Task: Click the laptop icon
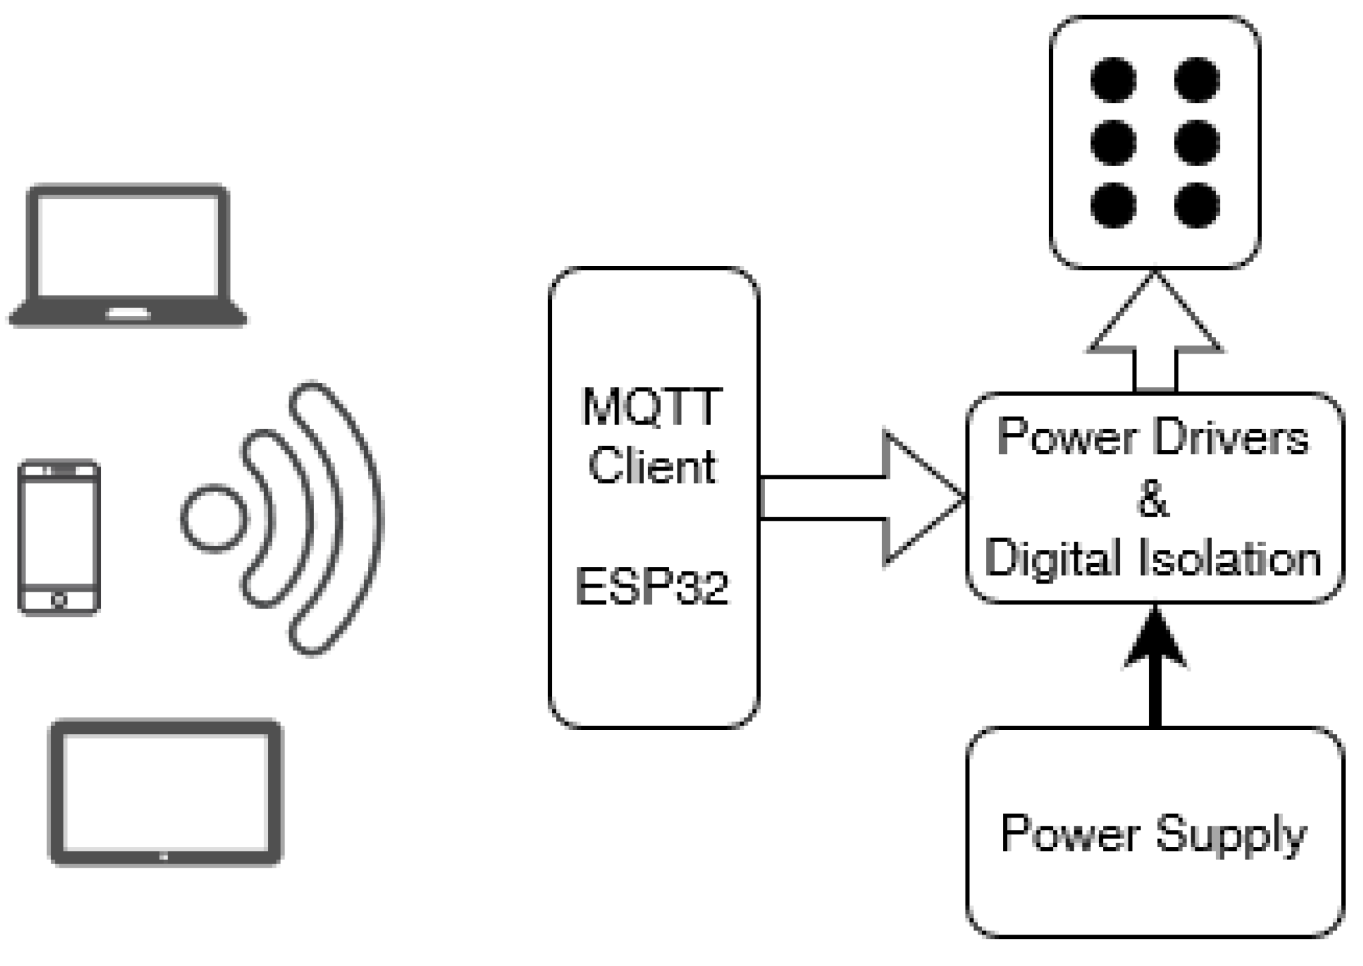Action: point(127,255)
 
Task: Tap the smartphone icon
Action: point(59,537)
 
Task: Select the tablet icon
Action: point(166,792)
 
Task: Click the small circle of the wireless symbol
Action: point(214,518)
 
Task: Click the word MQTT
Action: point(651,406)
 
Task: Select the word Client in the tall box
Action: point(651,466)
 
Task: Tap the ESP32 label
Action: point(651,587)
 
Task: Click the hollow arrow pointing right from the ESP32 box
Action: point(869,498)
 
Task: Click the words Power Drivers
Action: point(1153,438)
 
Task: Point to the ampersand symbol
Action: point(1153,499)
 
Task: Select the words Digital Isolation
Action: point(1153,558)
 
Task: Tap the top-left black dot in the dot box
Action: point(1113,80)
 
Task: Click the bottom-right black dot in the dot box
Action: point(1197,205)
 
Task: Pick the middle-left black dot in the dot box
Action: point(1113,142)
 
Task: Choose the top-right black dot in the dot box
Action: point(1197,80)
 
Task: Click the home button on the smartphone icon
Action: point(59,600)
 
